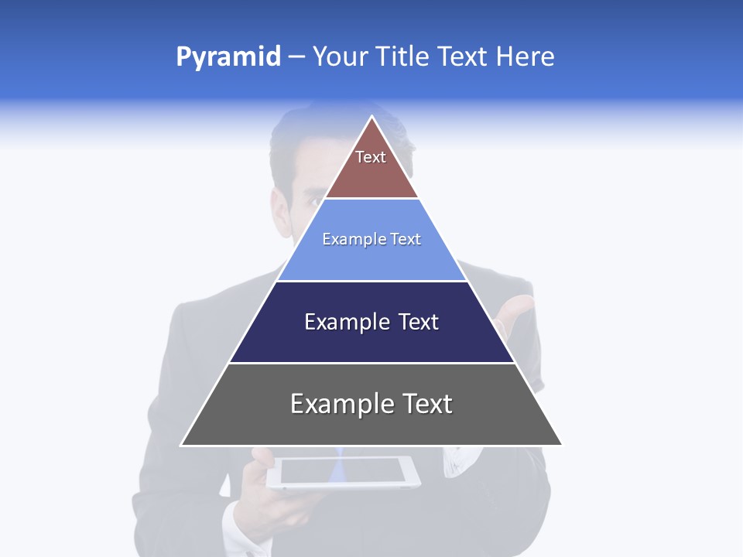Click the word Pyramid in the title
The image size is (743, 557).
[x=228, y=57]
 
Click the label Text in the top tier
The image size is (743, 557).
[x=371, y=157]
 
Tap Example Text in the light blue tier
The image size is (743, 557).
[x=371, y=239]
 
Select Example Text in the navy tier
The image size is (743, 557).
[x=371, y=322]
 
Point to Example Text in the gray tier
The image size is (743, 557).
[x=371, y=404]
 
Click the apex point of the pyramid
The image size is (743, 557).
[x=372, y=117]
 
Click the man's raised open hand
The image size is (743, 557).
[x=517, y=313]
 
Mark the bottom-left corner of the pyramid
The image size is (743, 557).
[x=181, y=445]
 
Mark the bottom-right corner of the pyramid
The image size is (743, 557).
[x=562, y=445]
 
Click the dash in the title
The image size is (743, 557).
[x=296, y=57]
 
